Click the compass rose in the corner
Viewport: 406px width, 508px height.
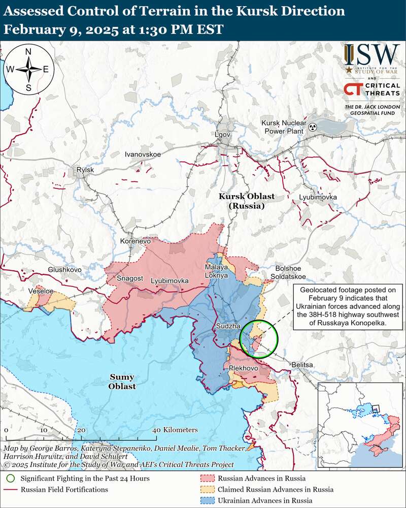pos(28,70)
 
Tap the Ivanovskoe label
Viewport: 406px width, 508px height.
pos(143,154)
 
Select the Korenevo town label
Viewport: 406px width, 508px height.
pos(136,241)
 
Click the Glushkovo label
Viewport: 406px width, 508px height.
pos(64,270)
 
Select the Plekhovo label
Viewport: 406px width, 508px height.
pos(244,368)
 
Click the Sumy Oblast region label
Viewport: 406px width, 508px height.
pos(122,382)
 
